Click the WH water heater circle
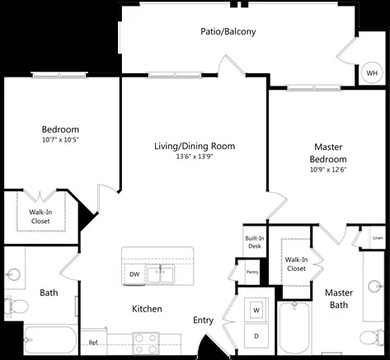click(x=372, y=72)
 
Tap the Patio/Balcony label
click(x=228, y=31)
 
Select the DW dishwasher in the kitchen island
click(x=134, y=274)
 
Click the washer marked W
click(x=256, y=310)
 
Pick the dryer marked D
click(x=256, y=336)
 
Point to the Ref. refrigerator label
click(x=93, y=343)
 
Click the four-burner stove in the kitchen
click(x=146, y=344)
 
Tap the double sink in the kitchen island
click(x=161, y=275)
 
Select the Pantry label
click(x=252, y=272)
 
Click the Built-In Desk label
click(x=255, y=242)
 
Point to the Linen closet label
click(x=378, y=238)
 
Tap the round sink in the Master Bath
click(x=375, y=287)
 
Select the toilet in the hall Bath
click(x=16, y=306)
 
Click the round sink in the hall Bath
click(x=13, y=274)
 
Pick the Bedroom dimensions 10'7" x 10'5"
click(x=60, y=140)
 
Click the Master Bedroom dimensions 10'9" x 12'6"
click(x=328, y=170)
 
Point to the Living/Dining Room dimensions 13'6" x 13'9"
click(x=195, y=157)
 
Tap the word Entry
click(x=204, y=320)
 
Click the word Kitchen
click(x=147, y=309)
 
